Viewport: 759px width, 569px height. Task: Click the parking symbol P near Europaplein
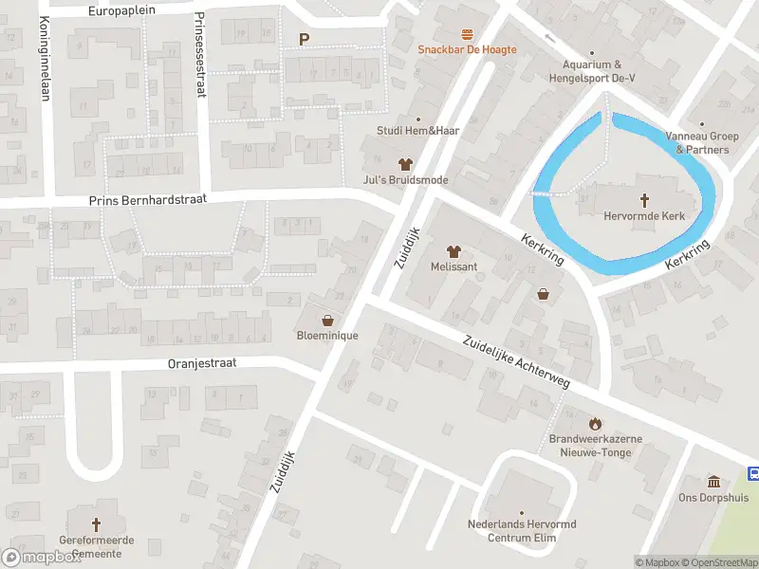coord(304,39)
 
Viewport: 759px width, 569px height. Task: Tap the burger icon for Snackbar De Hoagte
coord(467,34)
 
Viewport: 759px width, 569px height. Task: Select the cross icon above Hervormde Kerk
coord(644,200)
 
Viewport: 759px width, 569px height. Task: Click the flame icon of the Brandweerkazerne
coord(595,423)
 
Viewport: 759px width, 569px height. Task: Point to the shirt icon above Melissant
coord(454,251)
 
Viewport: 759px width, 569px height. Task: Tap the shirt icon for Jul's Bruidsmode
coord(405,164)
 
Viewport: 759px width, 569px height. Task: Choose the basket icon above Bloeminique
coord(327,321)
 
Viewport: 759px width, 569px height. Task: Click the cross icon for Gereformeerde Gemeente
coord(95,523)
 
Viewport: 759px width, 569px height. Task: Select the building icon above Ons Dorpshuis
coord(713,482)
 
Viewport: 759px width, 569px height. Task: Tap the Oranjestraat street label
coord(201,362)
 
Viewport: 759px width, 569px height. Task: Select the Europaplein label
coord(135,10)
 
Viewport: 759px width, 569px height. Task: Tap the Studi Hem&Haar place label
coord(417,131)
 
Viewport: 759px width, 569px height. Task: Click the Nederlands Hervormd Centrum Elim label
coord(522,531)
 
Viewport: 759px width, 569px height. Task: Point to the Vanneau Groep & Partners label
coord(703,143)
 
